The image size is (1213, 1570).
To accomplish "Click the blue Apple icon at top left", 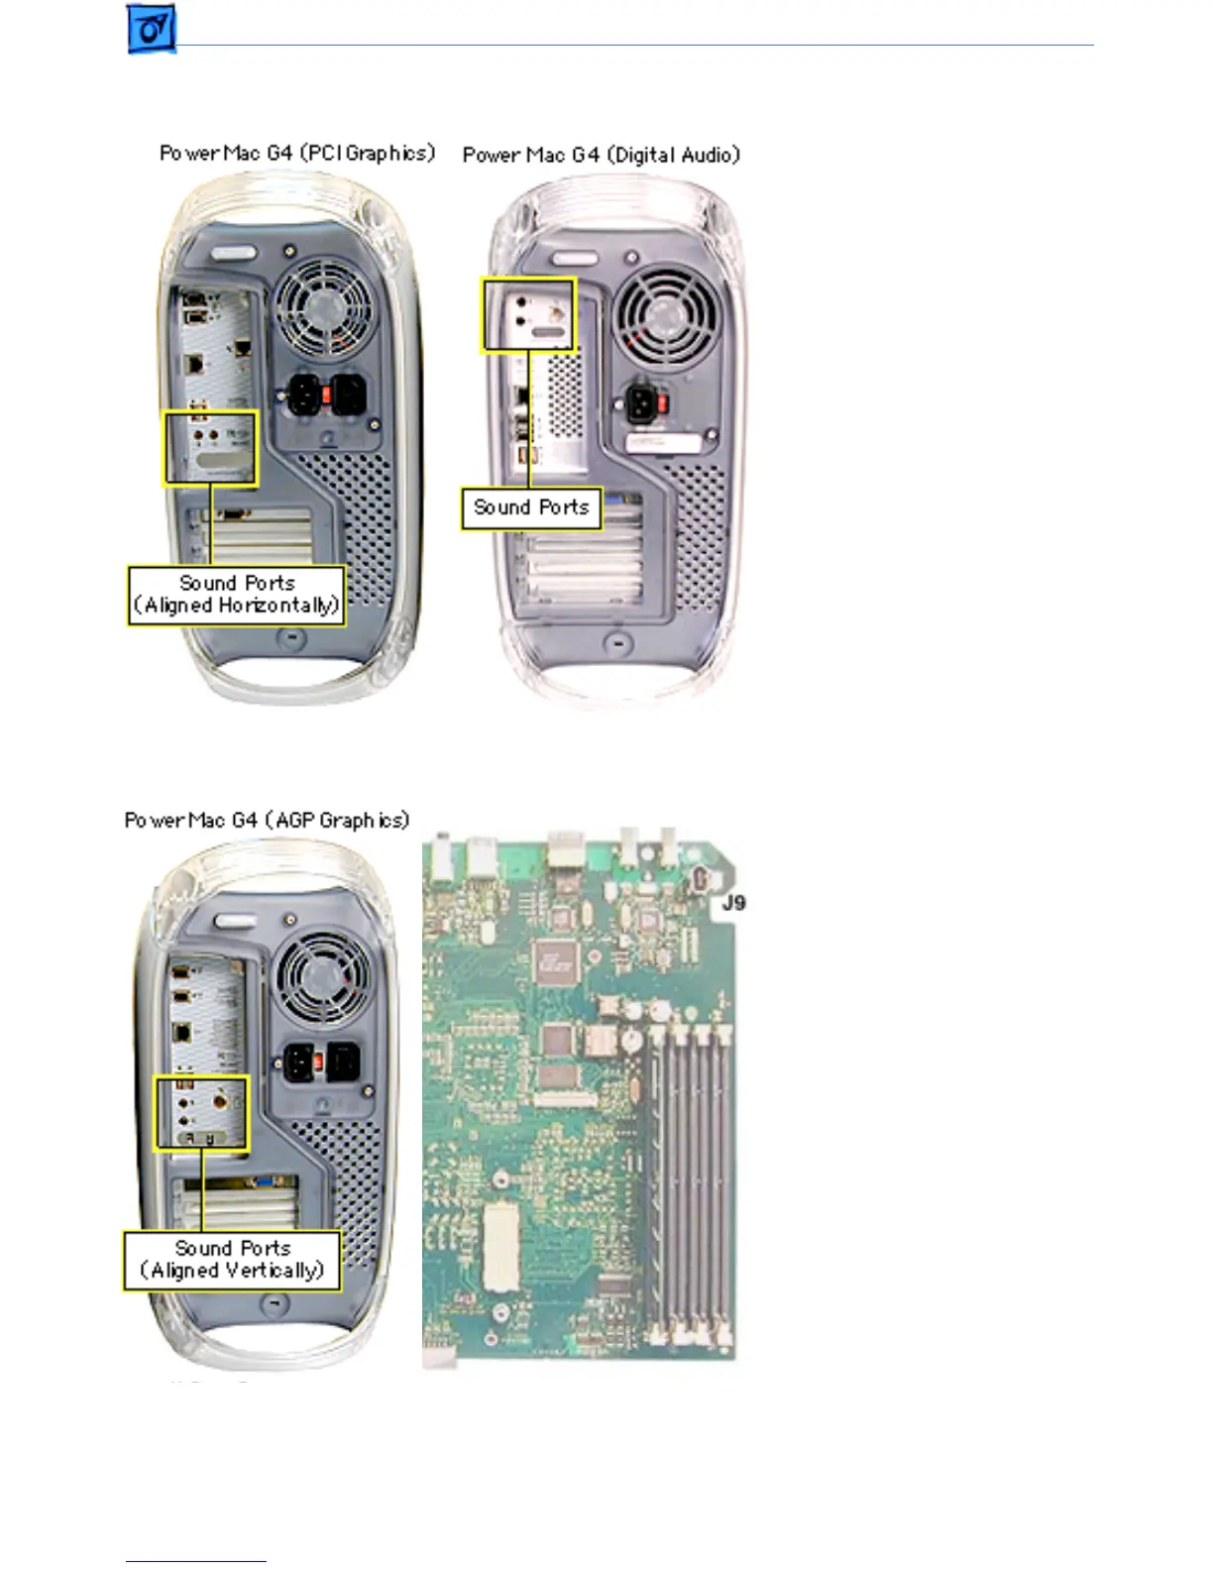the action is (152, 29).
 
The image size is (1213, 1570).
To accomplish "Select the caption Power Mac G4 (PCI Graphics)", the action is (297, 153).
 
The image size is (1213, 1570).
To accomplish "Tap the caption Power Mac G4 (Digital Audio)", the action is (601, 155).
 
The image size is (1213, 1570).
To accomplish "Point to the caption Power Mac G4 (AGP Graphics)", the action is (267, 820).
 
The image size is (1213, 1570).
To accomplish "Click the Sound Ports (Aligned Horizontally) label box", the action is (236, 595).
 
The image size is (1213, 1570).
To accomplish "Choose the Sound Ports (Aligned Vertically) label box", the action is (232, 1260).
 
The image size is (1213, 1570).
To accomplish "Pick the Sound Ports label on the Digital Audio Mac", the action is (531, 507).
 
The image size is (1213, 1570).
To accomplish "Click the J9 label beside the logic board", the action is (733, 902).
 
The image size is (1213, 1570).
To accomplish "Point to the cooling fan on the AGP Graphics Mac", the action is (323, 980).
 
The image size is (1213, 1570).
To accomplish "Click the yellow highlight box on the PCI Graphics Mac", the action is (210, 448).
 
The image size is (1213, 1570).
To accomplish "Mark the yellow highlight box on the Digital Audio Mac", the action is (528, 314).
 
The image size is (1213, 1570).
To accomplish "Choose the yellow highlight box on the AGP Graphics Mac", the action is (201, 1112).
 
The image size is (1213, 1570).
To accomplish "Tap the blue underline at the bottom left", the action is (195, 1561).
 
